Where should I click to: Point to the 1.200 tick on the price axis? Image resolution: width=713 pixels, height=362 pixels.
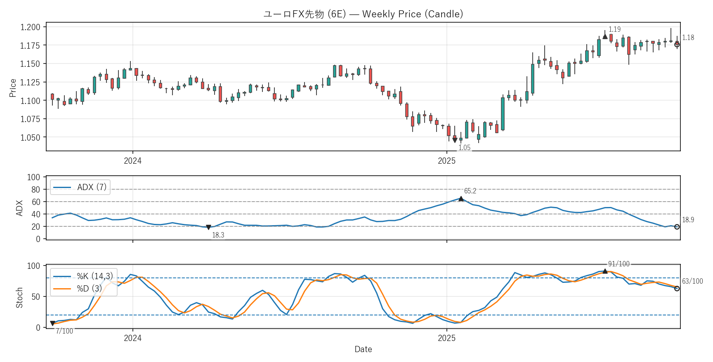[31, 27]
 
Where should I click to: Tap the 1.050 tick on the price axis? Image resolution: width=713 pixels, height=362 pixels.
[31, 137]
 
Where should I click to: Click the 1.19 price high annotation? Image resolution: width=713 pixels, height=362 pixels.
[614, 29]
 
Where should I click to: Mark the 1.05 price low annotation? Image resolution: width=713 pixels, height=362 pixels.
[464, 148]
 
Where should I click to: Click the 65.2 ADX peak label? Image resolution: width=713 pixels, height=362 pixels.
[470, 191]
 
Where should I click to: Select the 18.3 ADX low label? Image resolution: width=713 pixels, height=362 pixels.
[218, 235]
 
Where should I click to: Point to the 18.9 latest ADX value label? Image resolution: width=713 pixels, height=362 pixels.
[688, 220]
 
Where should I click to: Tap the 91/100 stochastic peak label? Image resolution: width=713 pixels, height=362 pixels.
[619, 264]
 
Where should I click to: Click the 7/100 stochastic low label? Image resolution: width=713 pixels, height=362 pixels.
[64, 331]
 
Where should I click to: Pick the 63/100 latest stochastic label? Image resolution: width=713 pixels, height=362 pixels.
[692, 281]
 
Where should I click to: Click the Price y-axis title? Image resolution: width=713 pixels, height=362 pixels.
[13, 88]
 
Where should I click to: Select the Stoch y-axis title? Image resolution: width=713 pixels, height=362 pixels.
[19, 298]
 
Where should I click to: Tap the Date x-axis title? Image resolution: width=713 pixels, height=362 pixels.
[363, 349]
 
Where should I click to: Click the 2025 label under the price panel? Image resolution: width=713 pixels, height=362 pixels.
[446, 161]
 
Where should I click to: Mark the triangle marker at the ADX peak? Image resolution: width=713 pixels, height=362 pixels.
[461, 199]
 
